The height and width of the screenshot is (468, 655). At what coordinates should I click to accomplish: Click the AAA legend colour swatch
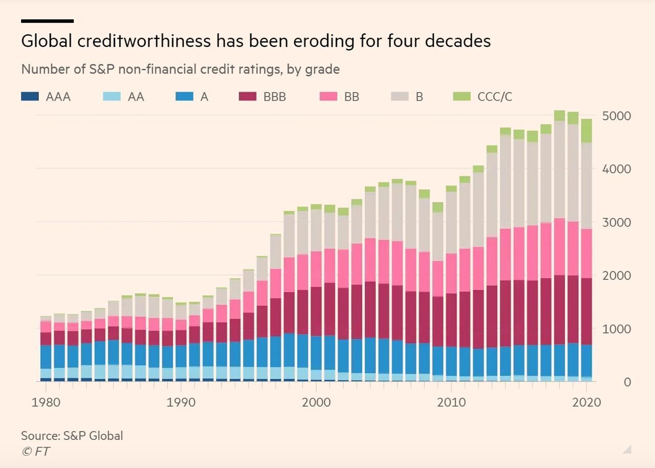pyautogui.click(x=30, y=96)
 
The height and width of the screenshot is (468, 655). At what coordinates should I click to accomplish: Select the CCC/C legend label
pyautogui.click(x=494, y=97)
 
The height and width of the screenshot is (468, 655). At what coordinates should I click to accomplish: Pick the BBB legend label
pyautogui.click(x=274, y=97)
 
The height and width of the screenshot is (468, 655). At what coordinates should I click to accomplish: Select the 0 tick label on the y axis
pyautogui.click(x=627, y=382)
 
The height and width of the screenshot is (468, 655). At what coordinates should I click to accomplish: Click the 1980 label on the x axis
pyautogui.click(x=46, y=403)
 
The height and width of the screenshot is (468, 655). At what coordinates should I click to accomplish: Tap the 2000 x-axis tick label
pyautogui.click(x=316, y=403)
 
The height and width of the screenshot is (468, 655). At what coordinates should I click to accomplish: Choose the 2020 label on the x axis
pyautogui.click(x=586, y=403)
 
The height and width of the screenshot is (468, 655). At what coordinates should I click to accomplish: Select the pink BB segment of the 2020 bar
pyautogui.click(x=586, y=253)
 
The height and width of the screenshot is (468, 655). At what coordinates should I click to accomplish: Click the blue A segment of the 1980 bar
pyautogui.click(x=46, y=357)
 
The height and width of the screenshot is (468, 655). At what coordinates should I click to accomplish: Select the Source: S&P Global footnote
pyautogui.click(x=72, y=436)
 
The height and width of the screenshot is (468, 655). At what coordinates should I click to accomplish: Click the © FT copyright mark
pyautogui.click(x=36, y=451)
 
